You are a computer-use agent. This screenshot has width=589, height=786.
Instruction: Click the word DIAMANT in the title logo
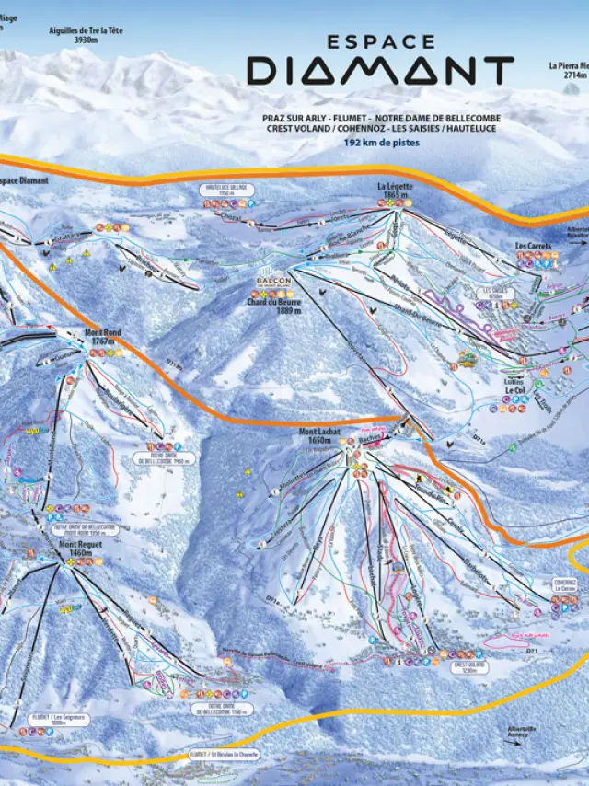point(379,71)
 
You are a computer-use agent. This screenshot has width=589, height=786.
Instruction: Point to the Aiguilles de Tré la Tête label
point(86,35)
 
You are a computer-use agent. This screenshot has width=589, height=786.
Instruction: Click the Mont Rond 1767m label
point(102,336)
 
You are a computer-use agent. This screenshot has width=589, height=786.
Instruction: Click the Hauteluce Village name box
point(226,190)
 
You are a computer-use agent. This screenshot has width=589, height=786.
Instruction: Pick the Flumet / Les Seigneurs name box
point(58,719)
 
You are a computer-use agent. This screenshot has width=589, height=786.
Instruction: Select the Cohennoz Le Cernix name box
point(564,584)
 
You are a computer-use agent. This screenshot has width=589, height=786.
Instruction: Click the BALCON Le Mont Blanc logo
point(273,282)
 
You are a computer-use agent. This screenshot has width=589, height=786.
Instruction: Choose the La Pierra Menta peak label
point(568,71)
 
